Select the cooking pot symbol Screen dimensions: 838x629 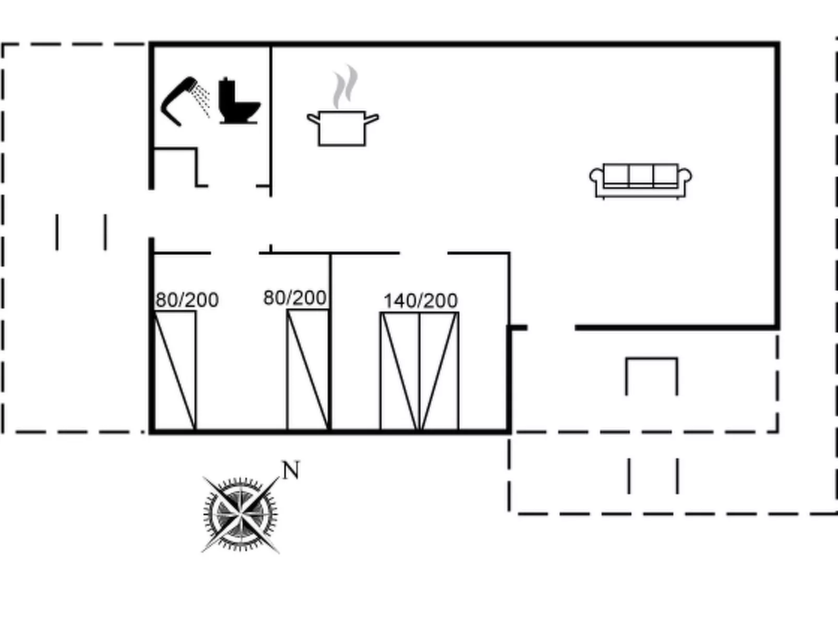click(x=343, y=128)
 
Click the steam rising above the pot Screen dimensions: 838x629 click(x=345, y=86)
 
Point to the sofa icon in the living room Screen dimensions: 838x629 click(x=641, y=181)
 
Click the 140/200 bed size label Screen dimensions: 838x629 click(x=421, y=301)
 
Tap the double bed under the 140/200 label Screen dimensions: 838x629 click(x=420, y=372)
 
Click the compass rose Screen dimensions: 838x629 click(x=241, y=515)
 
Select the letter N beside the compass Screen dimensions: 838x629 click(x=291, y=470)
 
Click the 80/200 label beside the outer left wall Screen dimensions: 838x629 click(x=187, y=300)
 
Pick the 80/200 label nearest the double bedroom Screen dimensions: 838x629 click(x=295, y=298)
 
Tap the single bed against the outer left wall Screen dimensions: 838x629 click(x=175, y=371)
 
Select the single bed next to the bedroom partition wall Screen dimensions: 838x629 click(x=308, y=370)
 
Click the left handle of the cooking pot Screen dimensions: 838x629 click(x=313, y=119)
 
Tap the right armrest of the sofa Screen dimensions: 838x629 click(x=685, y=176)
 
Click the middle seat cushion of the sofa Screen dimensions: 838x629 click(x=641, y=175)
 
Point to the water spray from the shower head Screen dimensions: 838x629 click(x=201, y=100)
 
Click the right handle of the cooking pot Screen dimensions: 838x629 click(x=372, y=119)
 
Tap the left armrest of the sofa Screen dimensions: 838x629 click(x=597, y=176)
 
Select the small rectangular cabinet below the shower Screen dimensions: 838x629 click(x=175, y=167)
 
